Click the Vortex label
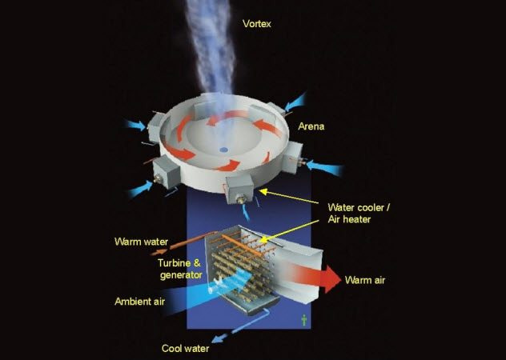[256, 23]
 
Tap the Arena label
[311, 126]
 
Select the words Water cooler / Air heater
[359, 214]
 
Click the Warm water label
[142, 242]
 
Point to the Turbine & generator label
[180, 269]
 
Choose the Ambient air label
[140, 302]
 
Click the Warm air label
[365, 280]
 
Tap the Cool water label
[185, 348]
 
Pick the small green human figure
[304, 320]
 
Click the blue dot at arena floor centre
[223, 150]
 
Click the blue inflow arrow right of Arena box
[324, 167]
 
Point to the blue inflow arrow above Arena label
[295, 102]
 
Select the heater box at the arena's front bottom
[239, 190]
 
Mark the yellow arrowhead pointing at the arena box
[263, 192]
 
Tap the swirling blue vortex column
[211, 48]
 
